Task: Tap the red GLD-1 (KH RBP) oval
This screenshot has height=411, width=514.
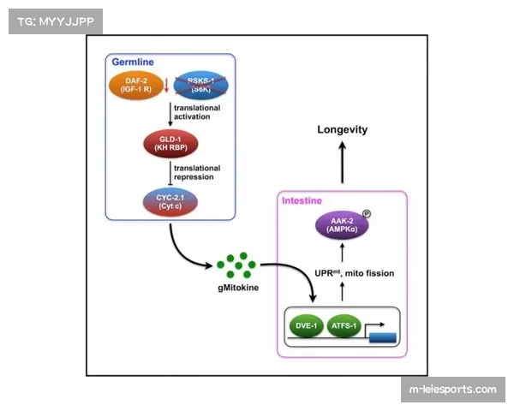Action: pos(169,143)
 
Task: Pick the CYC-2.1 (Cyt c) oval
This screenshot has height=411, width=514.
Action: pos(168,201)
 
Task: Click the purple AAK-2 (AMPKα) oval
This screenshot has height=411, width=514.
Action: pos(341,225)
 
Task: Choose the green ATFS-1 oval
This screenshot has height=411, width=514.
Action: pos(347,326)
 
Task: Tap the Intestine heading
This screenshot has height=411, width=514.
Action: pos(302,200)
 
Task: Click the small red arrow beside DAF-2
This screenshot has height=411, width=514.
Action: pos(165,84)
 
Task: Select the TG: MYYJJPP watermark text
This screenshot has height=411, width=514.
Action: pos(54,20)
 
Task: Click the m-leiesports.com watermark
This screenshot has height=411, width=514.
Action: pos(451,390)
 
